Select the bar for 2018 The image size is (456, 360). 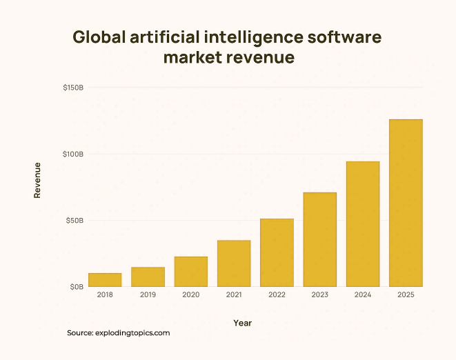pos(105,280)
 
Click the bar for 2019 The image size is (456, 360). pos(148,277)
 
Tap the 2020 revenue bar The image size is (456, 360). pos(191,272)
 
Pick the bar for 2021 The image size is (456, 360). pos(234,263)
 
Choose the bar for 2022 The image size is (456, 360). pos(277,252)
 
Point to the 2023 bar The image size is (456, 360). pos(320,239)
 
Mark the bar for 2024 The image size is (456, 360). pos(363,224)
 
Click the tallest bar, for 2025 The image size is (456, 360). pos(406,203)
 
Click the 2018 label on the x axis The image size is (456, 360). pos(105,296)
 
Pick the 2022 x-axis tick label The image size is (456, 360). pos(277,296)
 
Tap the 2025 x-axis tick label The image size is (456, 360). pos(406,296)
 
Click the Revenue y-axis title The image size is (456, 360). pos(37,180)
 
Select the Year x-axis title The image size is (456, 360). pos(242,322)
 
